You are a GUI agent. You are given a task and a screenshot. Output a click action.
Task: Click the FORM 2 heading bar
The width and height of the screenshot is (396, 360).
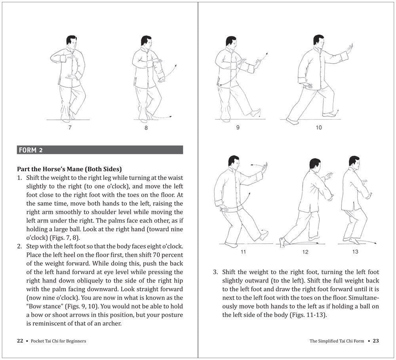pos(100,150)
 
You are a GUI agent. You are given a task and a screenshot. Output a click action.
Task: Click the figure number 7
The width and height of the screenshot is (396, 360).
pos(70,128)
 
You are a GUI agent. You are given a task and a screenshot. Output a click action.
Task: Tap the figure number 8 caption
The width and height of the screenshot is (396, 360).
pos(146,128)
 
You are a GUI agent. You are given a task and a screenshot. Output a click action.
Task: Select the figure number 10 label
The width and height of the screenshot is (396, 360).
pos(319,127)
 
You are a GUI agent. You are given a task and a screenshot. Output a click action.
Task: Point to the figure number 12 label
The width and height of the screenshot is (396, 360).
pos(305,252)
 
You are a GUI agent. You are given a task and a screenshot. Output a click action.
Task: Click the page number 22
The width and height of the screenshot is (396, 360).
pos(20,341)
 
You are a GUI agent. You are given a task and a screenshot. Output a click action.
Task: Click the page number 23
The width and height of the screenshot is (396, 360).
pos(376,341)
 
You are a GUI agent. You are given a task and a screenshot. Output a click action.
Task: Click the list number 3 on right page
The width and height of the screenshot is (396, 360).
pos(215,272)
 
